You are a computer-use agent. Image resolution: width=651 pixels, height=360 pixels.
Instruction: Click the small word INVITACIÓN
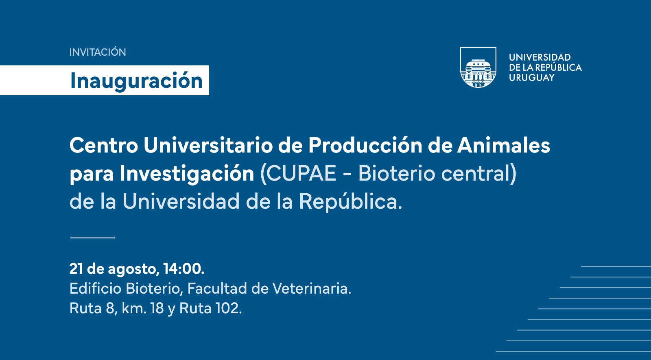97,52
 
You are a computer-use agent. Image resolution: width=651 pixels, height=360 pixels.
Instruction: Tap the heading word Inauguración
136,81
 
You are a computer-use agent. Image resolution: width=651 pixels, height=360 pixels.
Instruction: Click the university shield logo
478,67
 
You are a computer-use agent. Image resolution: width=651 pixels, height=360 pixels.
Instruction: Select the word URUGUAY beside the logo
532,78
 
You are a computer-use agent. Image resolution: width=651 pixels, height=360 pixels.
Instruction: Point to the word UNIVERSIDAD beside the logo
540,57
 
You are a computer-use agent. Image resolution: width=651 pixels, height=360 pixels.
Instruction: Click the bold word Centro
104,145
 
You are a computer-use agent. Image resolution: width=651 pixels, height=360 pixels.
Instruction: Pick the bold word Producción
365,145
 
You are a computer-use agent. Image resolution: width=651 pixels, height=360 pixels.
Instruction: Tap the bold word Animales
504,145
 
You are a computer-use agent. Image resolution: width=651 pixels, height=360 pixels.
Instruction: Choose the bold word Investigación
187,174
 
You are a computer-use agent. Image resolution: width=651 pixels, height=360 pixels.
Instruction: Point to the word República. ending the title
350,201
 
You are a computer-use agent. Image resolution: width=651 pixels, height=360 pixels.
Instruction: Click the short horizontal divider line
93,238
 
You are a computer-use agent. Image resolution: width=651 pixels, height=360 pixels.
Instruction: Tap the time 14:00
184,269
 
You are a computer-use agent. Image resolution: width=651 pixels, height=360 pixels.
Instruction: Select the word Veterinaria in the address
310,288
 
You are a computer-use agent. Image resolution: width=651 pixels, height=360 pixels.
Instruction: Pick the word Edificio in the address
95,288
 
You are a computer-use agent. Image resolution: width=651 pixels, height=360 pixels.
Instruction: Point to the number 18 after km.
157,308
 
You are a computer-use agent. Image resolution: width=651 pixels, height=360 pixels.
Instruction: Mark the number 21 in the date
76,269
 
